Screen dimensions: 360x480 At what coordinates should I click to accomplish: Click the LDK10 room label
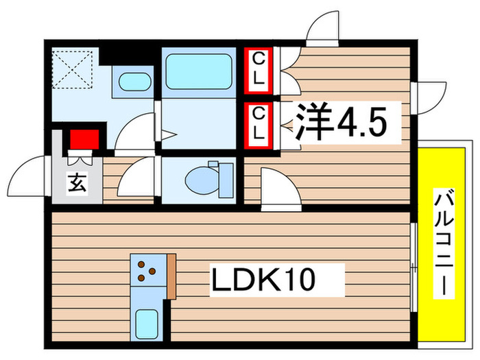pyautogui.click(x=262, y=280)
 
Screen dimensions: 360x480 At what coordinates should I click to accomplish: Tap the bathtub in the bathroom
pyautogui.click(x=198, y=71)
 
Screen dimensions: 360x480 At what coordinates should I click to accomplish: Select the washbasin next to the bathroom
pyautogui.click(x=135, y=82)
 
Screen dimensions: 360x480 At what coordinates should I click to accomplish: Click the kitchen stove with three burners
pyautogui.click(x=146, y=270)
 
